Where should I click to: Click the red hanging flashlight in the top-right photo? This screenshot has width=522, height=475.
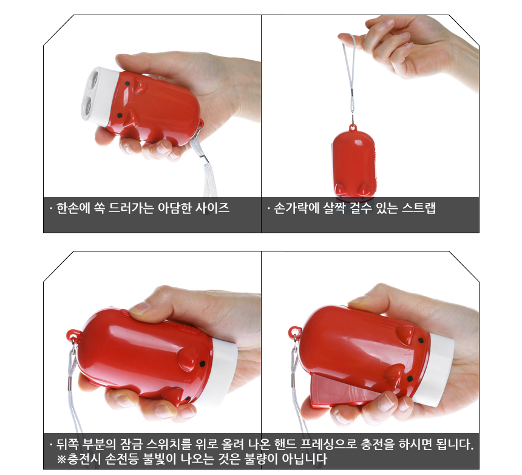click(353, 163)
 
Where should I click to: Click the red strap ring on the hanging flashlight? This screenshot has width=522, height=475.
click(353, 128)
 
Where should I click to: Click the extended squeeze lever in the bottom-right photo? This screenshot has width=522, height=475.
click(343, 391)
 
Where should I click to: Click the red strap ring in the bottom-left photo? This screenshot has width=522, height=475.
click(73, 335)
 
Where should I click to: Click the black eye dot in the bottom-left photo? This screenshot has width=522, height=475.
click(202, 364)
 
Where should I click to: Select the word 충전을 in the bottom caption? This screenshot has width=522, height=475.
click(378, 444)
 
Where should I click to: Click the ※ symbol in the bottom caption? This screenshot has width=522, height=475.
click(61, 459)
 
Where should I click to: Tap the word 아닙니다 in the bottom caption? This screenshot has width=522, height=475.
click(304, 459)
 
